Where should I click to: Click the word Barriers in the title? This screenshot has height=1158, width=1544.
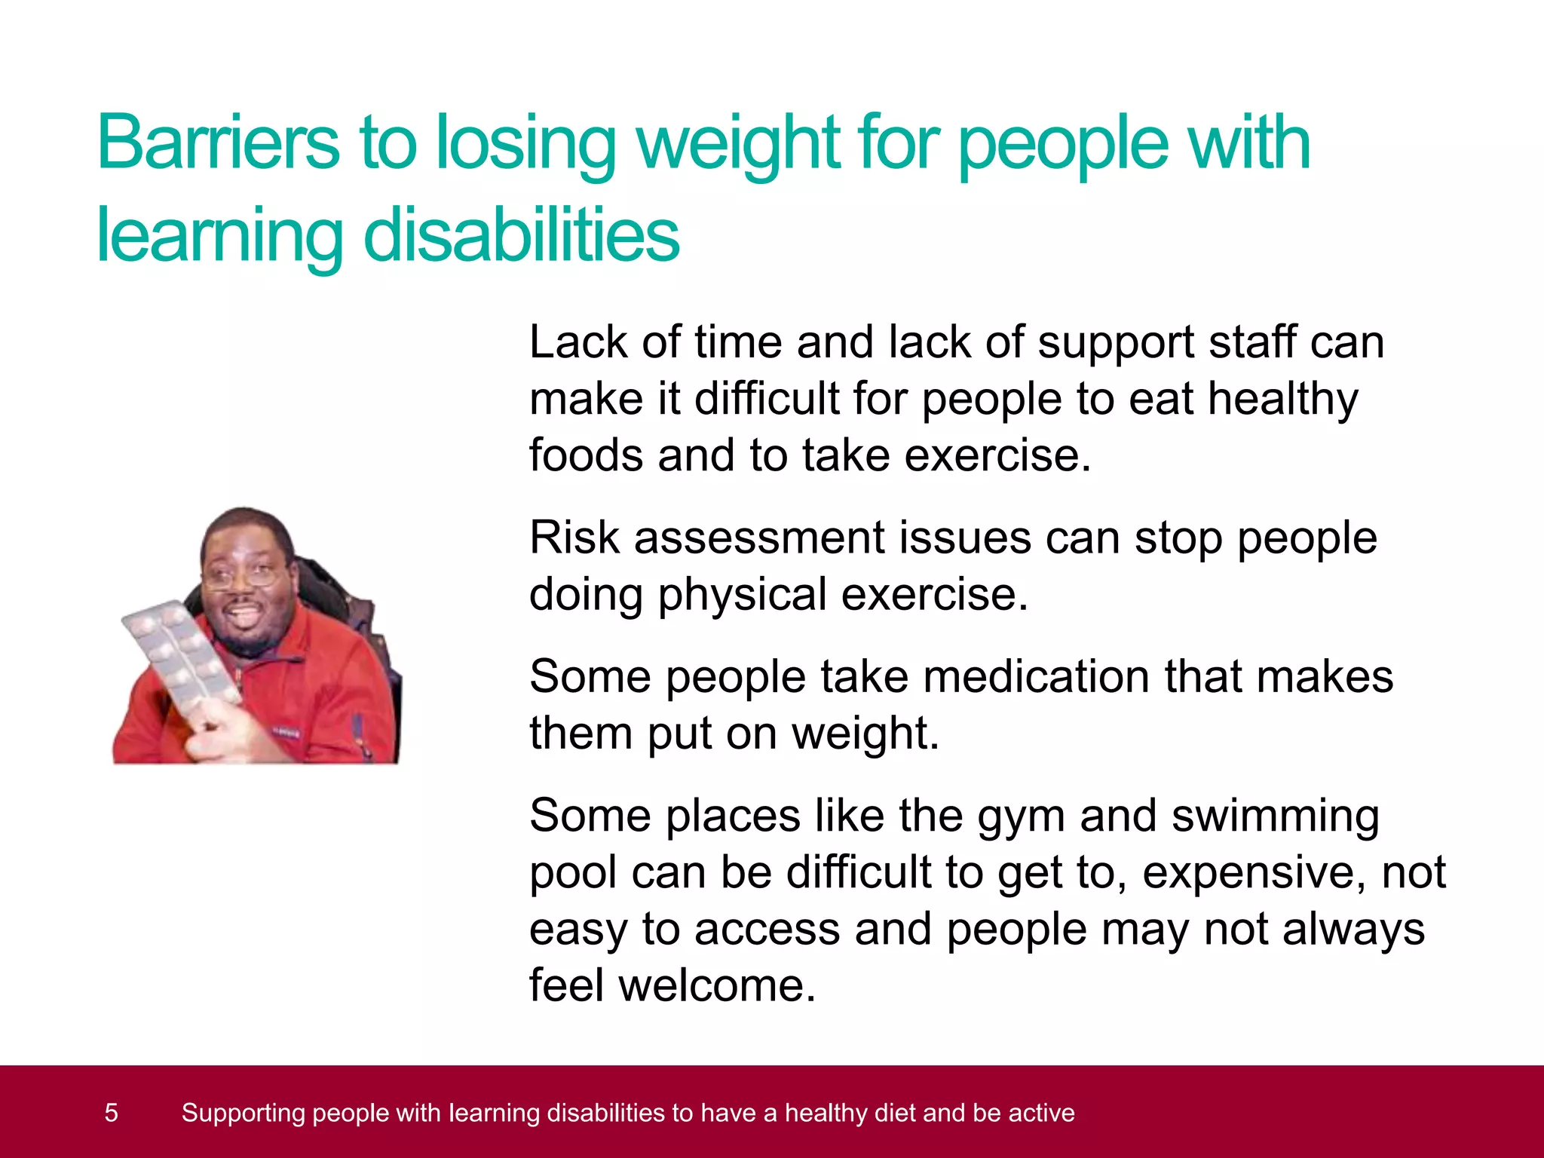click(x=219, y=143)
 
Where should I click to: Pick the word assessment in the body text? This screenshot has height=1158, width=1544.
click(x=758, y=540)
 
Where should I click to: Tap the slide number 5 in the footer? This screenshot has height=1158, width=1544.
click(x=111, y=1113)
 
